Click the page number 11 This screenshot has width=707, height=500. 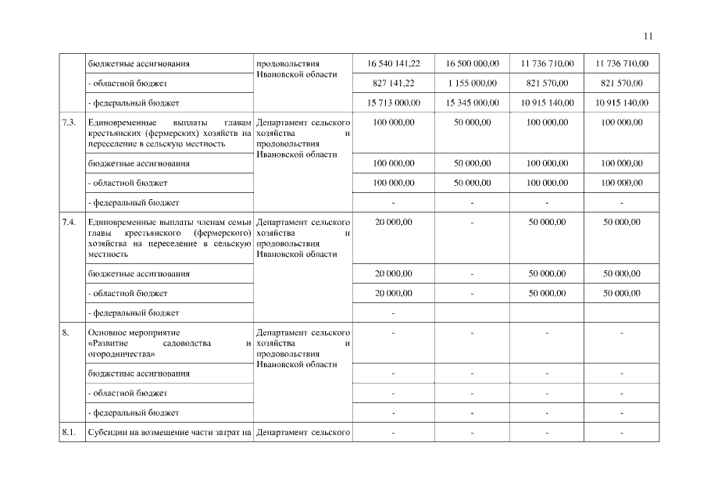[648, 35]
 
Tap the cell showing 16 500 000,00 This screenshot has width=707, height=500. [472, 63]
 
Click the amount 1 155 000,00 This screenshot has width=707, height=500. [472, 83]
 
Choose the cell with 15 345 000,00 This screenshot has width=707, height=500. [472, 102]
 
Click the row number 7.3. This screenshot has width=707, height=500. [69, 123]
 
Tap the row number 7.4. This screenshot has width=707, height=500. [69, 223]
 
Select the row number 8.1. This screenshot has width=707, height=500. [69, 432]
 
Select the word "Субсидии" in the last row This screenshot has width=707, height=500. [107, 432]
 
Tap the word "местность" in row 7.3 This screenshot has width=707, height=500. [206, 143]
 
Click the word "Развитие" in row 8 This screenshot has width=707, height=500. [112, 343]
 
